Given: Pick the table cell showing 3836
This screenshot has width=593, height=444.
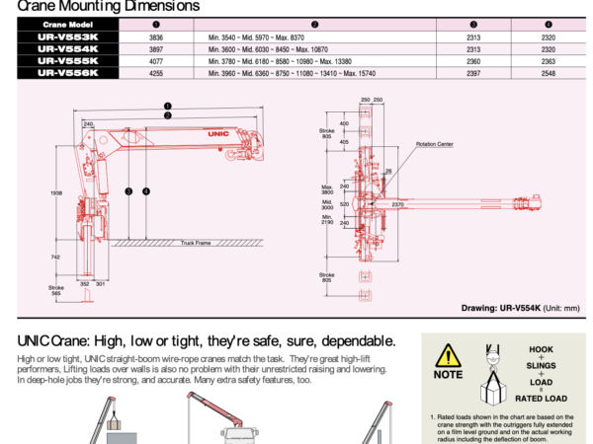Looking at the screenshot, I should tap(127, 37).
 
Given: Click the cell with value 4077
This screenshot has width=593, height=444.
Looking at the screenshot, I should tap(127, 60).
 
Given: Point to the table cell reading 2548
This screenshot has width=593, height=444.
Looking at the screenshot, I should tap(549, 72).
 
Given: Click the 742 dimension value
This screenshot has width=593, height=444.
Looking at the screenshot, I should tap(55, 256).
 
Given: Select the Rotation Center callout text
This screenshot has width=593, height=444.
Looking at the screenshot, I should tap(435, 143).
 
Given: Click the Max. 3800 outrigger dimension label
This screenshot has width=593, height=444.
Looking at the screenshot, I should tap(326, 189).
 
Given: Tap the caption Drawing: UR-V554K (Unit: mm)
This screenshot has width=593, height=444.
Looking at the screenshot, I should tap(520, 308).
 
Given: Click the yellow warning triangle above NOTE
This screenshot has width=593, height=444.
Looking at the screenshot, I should tap(449, 355).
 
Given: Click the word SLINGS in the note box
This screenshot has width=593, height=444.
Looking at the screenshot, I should tap(541, 365).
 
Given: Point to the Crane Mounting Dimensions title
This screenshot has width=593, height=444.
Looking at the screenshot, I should tap(109, 6).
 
